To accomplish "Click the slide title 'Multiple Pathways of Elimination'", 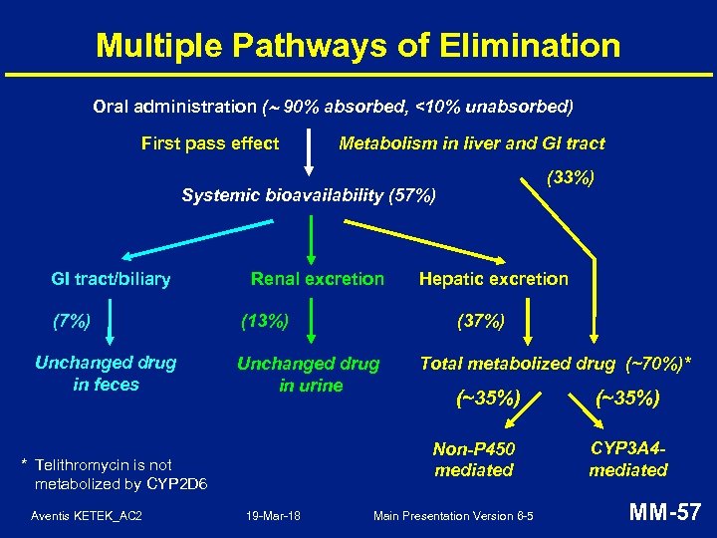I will point(358,45).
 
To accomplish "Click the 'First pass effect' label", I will point(210,143).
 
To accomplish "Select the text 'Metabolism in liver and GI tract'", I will point(472,143).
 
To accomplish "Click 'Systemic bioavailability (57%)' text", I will point(309,195).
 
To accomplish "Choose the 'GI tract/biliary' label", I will point(111,279).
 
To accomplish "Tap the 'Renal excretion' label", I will point(317,279).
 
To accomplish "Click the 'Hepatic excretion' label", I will point(494,279).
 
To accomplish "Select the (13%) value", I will point(266,321).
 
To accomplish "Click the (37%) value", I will point(481,321).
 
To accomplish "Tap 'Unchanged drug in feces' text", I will point(106,374).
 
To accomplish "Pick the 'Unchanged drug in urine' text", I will point(308,375).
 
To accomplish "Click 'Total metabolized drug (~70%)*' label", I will point(557,364).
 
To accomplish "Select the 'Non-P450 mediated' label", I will point(474,459).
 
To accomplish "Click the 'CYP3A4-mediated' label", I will point(628,459).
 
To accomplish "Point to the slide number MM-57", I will point(664,513).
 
